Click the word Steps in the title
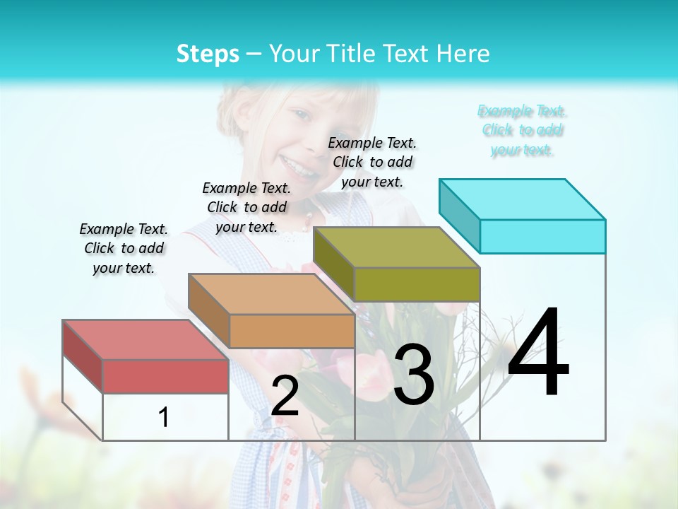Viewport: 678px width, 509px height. pyautogui.click(x=208, y=54)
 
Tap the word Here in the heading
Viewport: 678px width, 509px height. pyautogui.click(x=464, y=54)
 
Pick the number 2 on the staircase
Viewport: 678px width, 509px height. pyautogui.click(x=285, y=396)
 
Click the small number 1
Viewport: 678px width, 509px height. pyautogui.click(x=163, y=417)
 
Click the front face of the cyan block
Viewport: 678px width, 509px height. pyautogui.click(x=542, y=236)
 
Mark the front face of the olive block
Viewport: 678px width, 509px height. pyautogui.click(x=417, y=284)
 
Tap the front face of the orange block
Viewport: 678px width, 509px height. pyautogui.click(x=292, y=331)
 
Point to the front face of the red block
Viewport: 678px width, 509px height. pyautogui.click(x=165, y=376)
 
